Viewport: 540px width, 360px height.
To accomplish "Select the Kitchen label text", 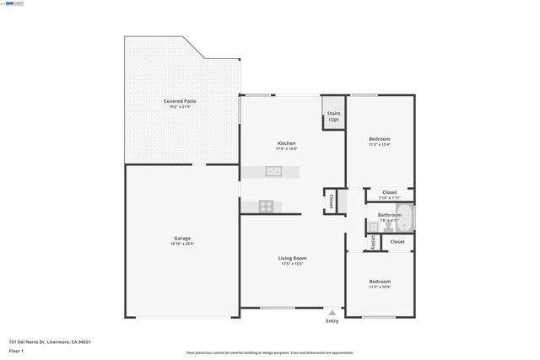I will point(287,142).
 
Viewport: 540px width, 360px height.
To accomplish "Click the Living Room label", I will point(293,258).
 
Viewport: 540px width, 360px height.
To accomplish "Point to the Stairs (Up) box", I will point(334,117).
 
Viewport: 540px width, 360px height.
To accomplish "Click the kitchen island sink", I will point(273,171).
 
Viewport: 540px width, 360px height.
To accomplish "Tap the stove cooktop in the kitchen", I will point(267,205).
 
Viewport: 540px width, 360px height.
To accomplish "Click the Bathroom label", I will point(389,215).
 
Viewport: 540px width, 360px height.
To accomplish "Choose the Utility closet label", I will point(372,242).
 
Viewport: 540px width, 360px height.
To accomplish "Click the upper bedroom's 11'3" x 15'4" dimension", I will point(380,145).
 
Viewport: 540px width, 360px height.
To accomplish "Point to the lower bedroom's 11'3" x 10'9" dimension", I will point(380,287).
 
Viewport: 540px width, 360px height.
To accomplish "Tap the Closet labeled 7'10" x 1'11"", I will point(389,192).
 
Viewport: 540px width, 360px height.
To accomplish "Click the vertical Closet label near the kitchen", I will point(332,201).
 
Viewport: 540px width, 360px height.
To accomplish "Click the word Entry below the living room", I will point(332,320).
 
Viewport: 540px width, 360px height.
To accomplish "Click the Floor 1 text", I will point(16,350).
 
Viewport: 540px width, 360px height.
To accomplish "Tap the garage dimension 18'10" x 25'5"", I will point(183,244).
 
